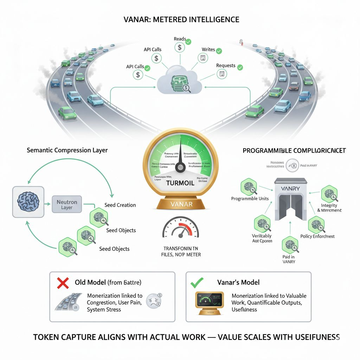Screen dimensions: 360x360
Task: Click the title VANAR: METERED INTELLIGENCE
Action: [181, 19]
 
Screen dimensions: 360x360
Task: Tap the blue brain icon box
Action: [28, 202]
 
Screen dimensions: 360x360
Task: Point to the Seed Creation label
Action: [120, 205]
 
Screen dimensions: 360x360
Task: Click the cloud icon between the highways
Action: [179, 82]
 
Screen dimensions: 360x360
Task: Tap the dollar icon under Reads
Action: [179, 47]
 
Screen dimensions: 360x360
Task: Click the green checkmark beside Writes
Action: [219, 51]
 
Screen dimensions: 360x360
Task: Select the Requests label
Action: [226, 66]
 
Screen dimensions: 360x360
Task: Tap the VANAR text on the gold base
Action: [180, 204]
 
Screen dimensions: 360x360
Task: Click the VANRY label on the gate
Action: [291, 188]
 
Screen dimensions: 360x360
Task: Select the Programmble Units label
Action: [250, 199]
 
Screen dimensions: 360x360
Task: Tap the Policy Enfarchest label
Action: [317, 236]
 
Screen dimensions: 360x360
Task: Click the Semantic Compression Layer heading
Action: [67, 150]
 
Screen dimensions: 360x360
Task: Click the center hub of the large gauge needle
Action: [180, 168]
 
